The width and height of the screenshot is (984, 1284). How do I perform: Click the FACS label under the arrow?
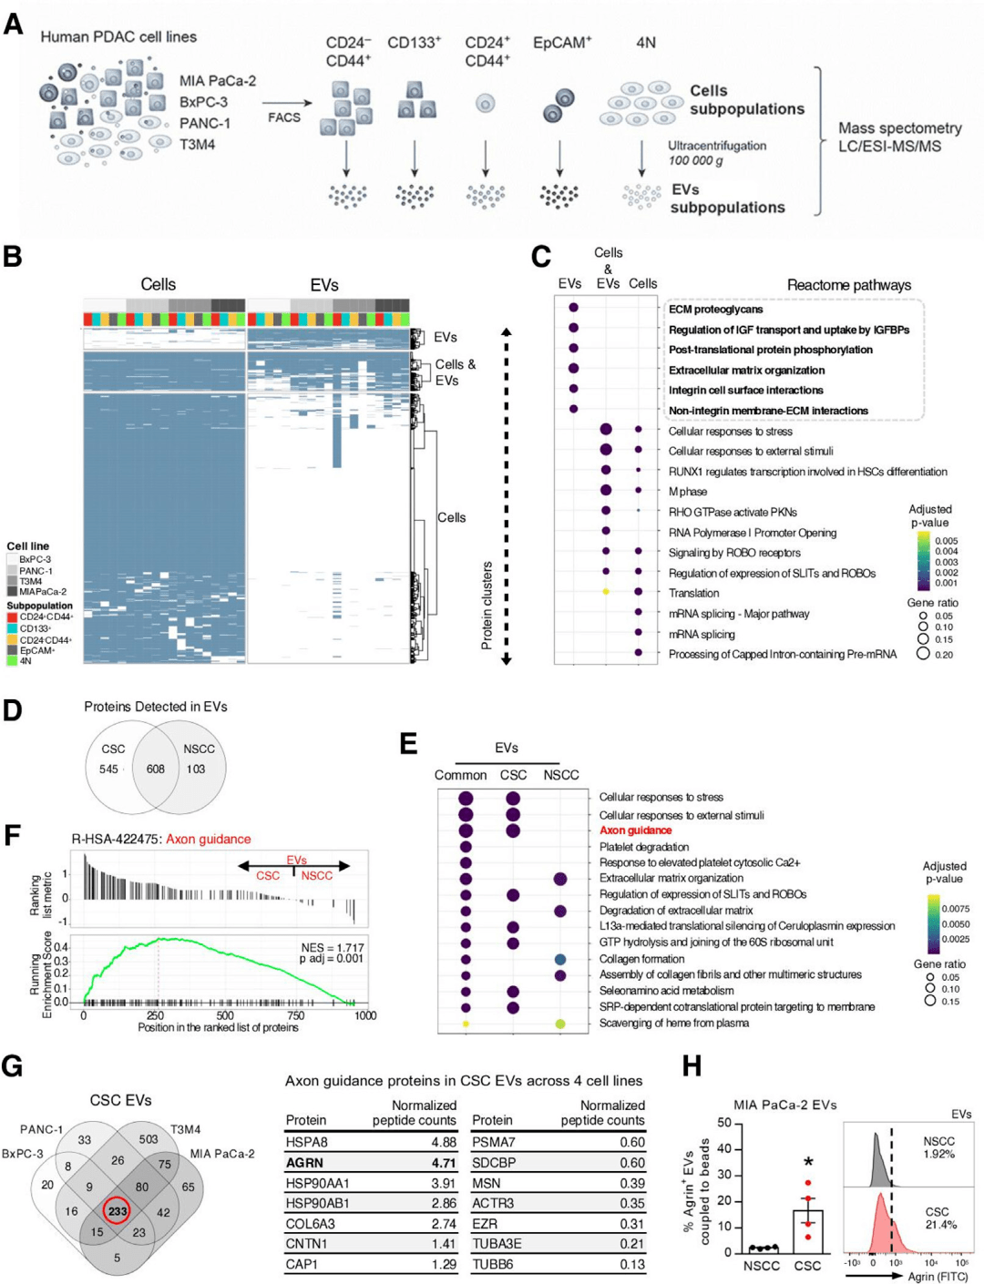284,117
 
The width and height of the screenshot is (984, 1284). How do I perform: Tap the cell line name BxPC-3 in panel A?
203,102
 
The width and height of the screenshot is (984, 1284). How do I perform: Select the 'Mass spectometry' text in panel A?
899,128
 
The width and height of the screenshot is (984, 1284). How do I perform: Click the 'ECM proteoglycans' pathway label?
715,310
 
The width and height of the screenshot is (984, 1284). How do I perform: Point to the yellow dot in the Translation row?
606,592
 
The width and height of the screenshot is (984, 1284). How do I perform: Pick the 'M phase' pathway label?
688,492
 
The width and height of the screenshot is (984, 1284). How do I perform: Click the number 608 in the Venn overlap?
156,769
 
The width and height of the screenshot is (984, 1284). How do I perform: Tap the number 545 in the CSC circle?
108,769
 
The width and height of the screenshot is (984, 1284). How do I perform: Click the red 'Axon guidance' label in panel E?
635,831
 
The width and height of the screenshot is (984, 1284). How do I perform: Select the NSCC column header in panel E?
560,775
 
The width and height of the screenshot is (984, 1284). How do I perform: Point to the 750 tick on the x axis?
296,1015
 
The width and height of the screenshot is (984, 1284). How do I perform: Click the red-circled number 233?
118,1211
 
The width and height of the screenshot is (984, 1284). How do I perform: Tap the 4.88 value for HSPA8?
444,1142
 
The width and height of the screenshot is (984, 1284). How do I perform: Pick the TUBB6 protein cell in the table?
492,1264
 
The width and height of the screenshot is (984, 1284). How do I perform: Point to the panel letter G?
13,1065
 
